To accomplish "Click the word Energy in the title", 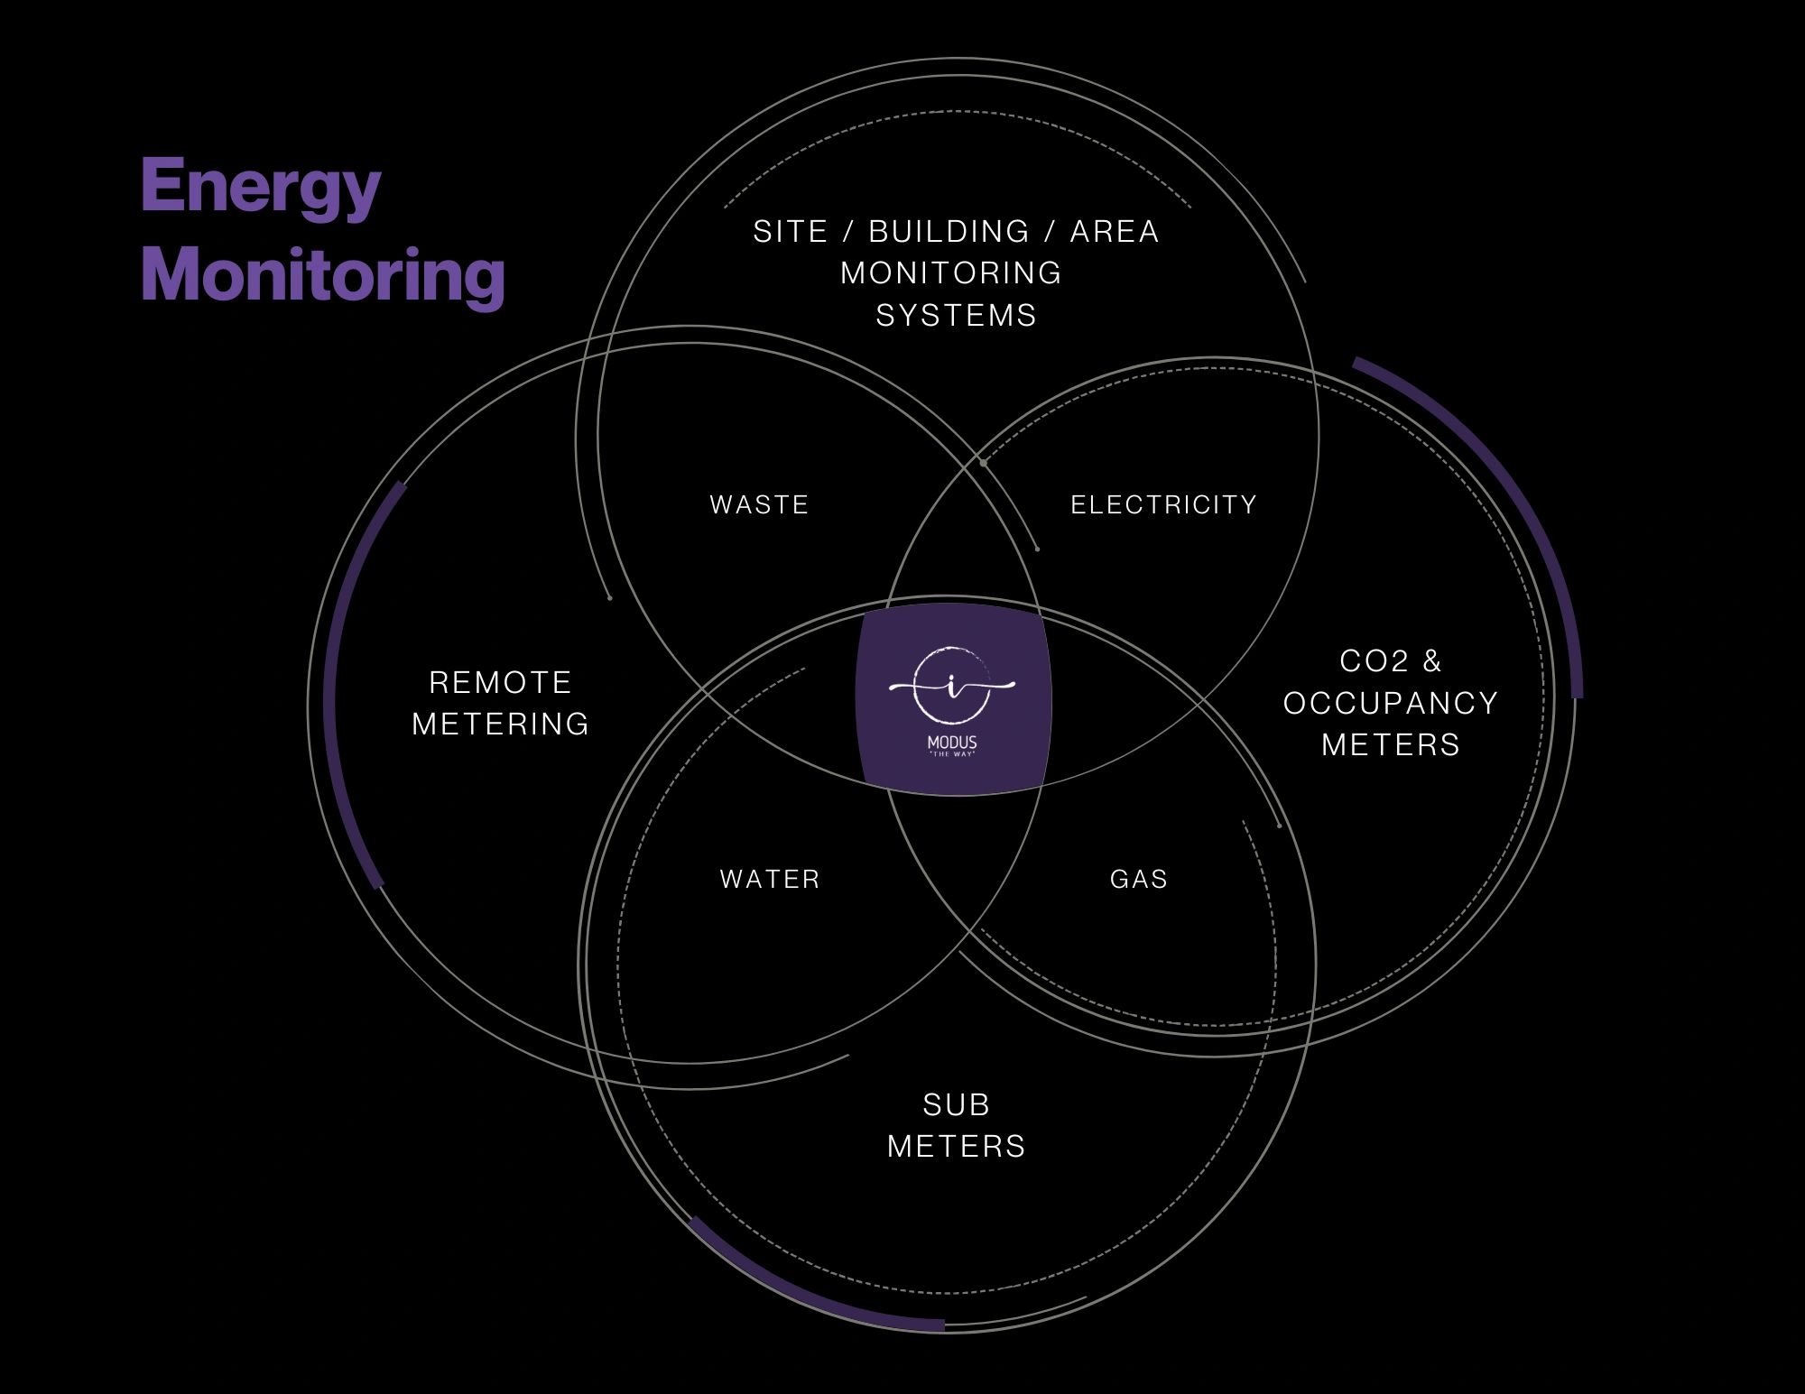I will (x=261, y=188).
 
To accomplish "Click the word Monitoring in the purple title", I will (x=322, y=275).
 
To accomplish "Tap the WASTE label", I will (x=759, y=504).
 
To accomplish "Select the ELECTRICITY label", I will (x=1163, y=504).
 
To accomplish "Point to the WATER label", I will (x=770, y=879).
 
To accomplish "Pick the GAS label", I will (x=1139, y=879).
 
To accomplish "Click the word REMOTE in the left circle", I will (x=500, y=682).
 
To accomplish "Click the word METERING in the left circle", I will (x=500, y=724).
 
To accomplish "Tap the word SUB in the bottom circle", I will (x=957, y=1104).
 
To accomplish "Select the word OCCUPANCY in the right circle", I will (x=1391, y=703).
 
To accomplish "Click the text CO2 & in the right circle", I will (x=1391, y=661).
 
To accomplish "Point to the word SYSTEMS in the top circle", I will (x=957, y=316).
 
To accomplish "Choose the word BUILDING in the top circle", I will (x=949, y=232).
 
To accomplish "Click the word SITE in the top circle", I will (x=791, y=232).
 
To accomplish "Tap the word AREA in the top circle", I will (x=1115, y=232).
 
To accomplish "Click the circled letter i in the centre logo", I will (x=952, y=686).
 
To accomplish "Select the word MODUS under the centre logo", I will (x=952, y=743).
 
